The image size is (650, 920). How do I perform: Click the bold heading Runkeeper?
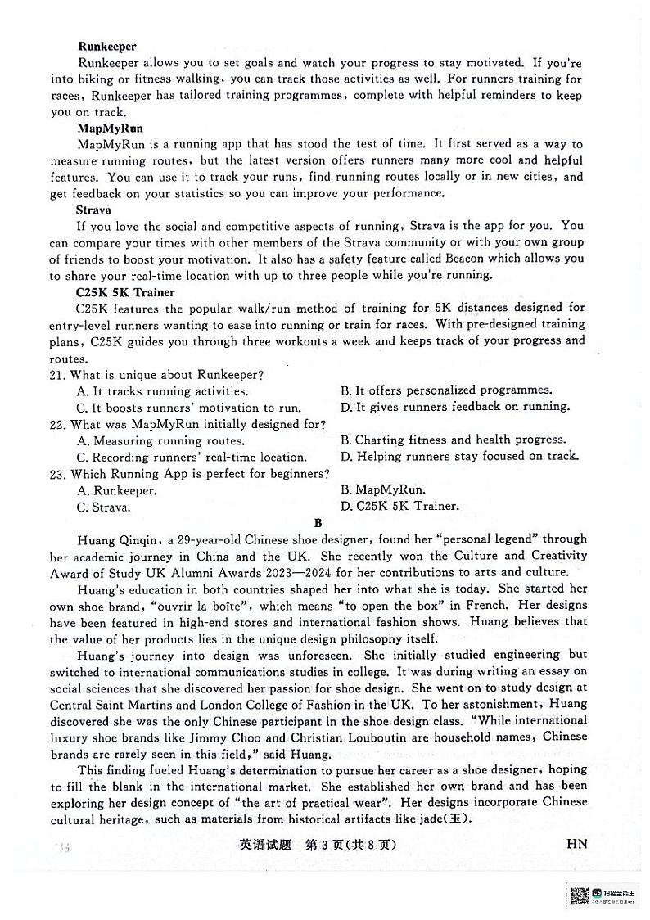tap(106, 47)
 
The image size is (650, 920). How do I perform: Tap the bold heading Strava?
tap(94, 210)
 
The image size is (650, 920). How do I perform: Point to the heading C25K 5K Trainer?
tap(125, 292)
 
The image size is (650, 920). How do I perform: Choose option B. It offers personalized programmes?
tap(446, 390)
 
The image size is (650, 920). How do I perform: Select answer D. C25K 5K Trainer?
tap(399, 506)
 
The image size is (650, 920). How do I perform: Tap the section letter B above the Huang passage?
tap(318, 523)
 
